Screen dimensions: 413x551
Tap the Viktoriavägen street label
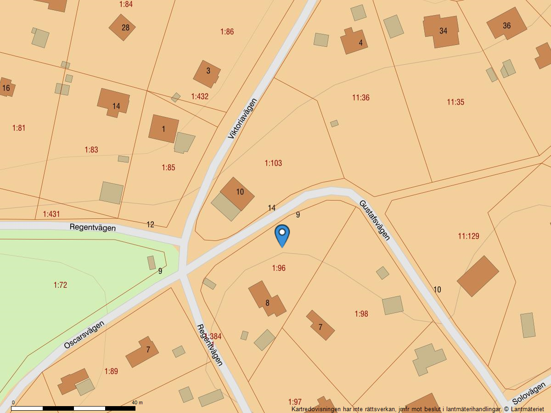tap(242, 118)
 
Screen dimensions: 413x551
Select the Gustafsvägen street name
tap(375, 220)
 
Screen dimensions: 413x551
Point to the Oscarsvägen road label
tap(84, 335)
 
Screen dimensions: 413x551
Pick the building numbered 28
tap(123, 27)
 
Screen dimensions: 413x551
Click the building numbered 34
tap(442, 31)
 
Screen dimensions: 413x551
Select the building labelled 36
tap(506, 24)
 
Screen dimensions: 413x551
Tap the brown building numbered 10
tap(238, 193)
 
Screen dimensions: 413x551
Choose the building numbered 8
tap(266, 300)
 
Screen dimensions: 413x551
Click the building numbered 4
tap(354, 41)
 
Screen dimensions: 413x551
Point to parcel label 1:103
tap(273, 163)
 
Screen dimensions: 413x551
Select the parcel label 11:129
tap(468, 236)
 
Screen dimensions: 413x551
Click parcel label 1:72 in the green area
tap(60, 285)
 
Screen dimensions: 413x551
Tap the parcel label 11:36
tap(361, 98)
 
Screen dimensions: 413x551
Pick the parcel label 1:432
tap(200, 96)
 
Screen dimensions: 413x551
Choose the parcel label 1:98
tap(361, 314)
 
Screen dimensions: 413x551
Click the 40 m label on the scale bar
tap(137, 402)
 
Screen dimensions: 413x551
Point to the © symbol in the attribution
tap(506, 409)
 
